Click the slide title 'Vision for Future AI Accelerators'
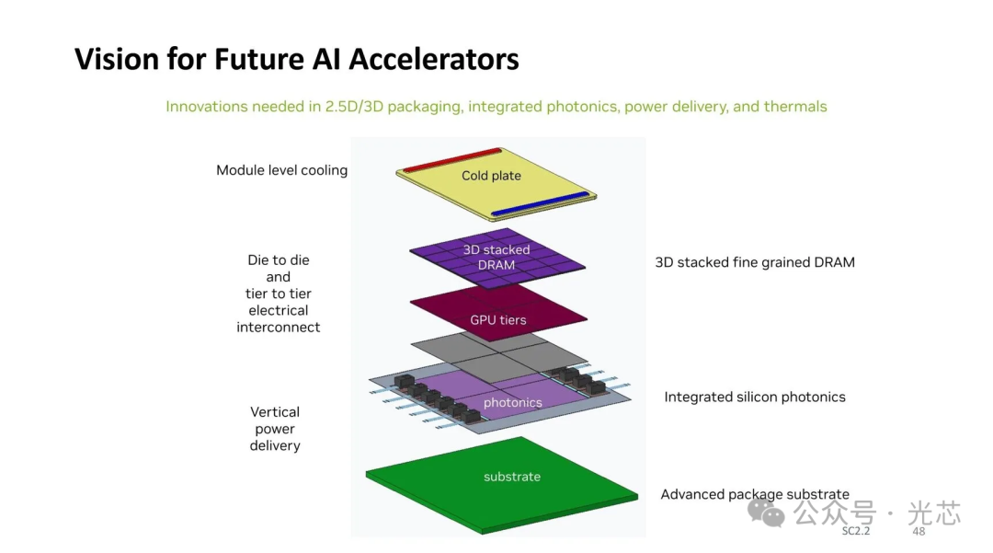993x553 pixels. (296, 60)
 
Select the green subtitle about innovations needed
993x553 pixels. (496, 107)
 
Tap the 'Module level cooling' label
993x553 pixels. (281, 170)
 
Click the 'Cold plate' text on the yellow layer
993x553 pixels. (491, 176)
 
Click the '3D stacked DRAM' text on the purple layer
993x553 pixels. (496, 258)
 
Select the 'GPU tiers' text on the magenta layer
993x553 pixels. (499, 320)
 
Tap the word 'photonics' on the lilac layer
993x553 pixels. (512, 402)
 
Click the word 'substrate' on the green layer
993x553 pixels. (512, 477)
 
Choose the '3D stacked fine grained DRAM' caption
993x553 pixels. (754, 262)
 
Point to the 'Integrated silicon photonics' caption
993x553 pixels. (754, 397)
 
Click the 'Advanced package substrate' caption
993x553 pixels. (754, 495)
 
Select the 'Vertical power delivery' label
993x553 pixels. (275, 429)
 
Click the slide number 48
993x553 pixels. (918, 532)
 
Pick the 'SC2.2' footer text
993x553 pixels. (855, 532)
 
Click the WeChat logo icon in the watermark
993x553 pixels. (765, 513)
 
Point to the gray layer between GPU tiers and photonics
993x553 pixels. (542, 354)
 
